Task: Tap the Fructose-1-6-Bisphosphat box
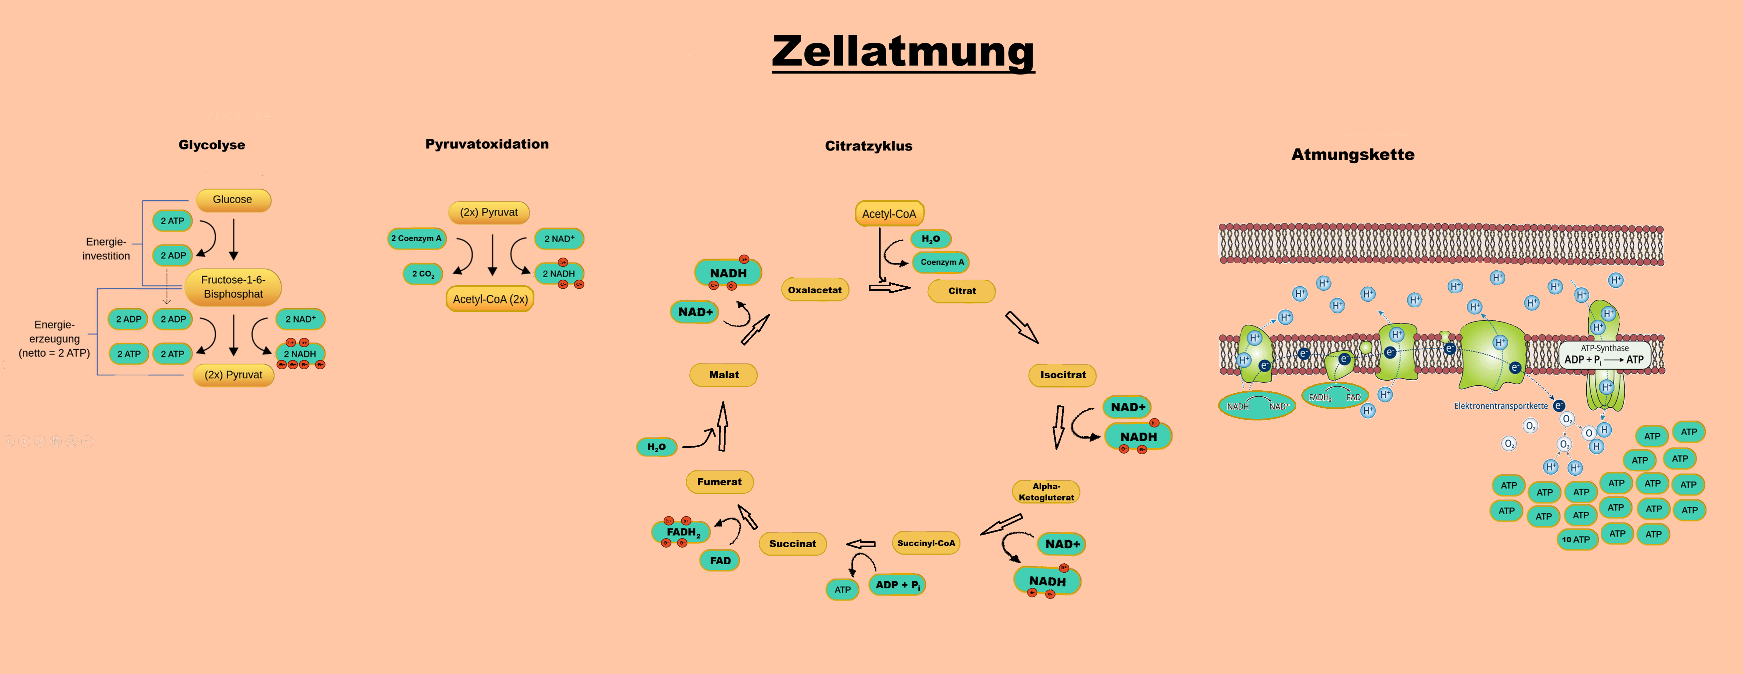click(233, 287)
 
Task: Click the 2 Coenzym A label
click(416, 238)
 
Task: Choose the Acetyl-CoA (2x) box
click(490, 299)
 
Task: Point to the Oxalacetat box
click(815, 290)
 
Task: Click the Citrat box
click(962, 291)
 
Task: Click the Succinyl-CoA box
click(926, 543)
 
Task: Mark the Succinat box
click(792, 544)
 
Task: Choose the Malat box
click(723, 375)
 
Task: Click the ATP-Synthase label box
click(1604, 355)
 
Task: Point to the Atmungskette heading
click(1353, 155)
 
